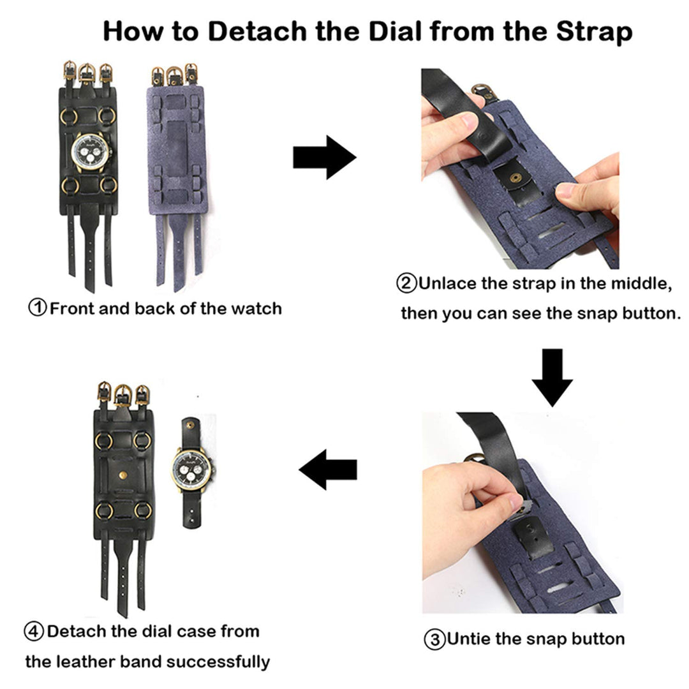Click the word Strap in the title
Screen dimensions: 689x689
pos(594,31)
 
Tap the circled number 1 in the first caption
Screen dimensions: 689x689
pos(38,307)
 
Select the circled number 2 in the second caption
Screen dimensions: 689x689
pos(406,283)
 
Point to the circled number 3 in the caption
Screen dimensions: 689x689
pos(434,639)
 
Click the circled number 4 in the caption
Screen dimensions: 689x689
pos(34,632)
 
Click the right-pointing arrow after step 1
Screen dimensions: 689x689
pos(324,157)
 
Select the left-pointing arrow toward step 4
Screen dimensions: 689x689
pos(328,470)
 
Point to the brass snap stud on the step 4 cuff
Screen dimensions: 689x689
pos(123,475)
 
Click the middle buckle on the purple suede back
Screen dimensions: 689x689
pos(174,77)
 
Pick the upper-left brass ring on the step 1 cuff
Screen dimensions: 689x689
pos(69,117)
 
